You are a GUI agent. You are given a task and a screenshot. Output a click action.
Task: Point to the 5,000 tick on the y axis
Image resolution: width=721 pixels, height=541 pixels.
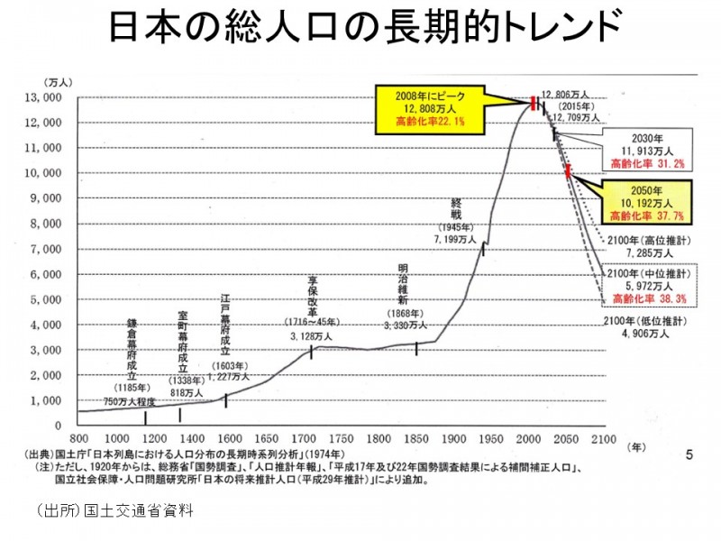click(46, 299)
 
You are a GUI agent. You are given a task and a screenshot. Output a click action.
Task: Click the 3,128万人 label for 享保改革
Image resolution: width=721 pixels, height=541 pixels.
click(312, 335)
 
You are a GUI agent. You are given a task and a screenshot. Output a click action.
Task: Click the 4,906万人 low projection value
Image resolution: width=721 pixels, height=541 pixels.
click(645, 334)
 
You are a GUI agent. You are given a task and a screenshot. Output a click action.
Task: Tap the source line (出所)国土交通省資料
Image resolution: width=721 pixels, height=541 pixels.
click(115, 509)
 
